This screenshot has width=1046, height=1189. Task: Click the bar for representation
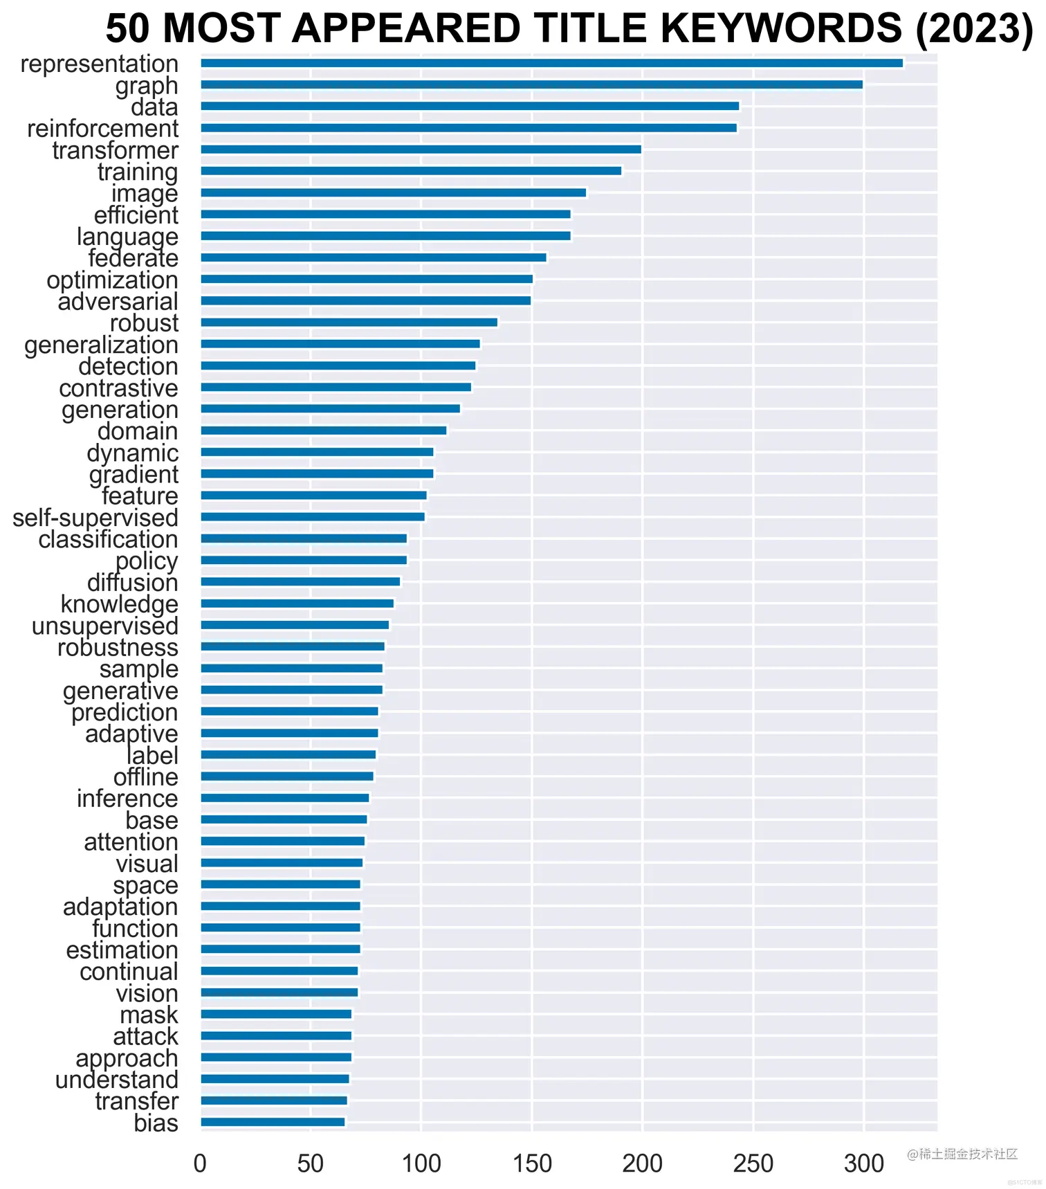(551, 63)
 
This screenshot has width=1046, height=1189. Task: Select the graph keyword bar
(531, 84)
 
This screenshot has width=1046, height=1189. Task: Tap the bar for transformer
(421, 149)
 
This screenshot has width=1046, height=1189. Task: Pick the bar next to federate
(374, 257)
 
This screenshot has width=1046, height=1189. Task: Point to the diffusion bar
(300, 581)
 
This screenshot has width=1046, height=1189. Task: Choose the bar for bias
(273, 1122)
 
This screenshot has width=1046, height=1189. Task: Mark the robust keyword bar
(349, 323)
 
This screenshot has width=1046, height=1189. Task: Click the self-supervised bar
(313, 517)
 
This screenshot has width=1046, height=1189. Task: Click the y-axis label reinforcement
(102, 129)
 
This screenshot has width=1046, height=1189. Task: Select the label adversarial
(118, 302)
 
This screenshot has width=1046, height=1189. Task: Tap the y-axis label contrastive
(118, 388)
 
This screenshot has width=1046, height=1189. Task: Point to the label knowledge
(119, 604)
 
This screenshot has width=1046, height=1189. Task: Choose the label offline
(145, 777)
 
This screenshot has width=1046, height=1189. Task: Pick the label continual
(129, 972)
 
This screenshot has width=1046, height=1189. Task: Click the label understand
(116, 1080)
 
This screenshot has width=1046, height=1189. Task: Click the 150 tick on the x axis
(532, 1164)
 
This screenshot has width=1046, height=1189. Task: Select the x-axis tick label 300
(863, 1164)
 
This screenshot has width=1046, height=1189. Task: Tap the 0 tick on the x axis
(200, 1164)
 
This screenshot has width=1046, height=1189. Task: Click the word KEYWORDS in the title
(781, 29)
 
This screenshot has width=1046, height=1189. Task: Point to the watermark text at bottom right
(962, 1154)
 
